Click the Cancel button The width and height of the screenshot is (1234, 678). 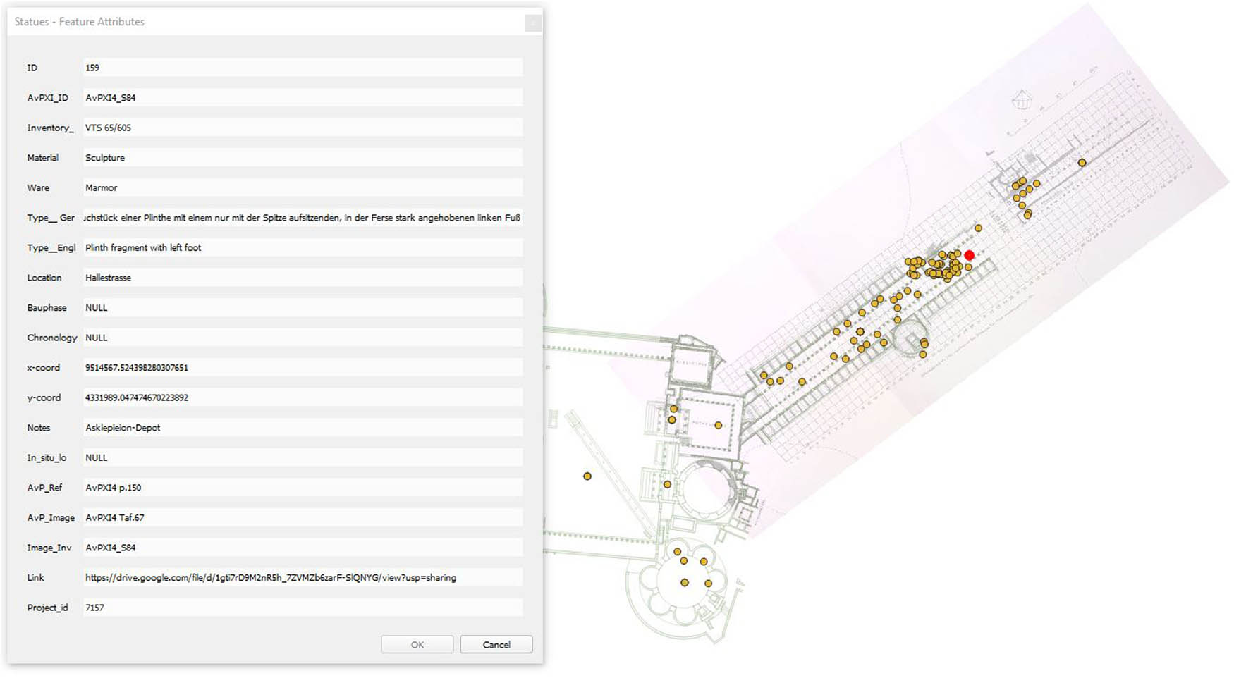click(x=496, y=645)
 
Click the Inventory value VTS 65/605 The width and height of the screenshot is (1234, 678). click(x=108, y=128)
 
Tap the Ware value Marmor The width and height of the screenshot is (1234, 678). click(x=102, y=188)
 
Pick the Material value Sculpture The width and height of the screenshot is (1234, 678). click(x=105, y=158)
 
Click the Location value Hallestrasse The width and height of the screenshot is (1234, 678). click(x=108, y=278)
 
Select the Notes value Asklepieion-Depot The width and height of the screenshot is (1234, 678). click(x=123, y=428)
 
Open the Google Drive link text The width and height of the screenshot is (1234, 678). click(x=270, y=578)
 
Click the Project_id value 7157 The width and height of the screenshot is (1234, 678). click(x=94, y=608)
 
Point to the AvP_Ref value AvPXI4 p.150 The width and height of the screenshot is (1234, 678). click(x=113, y=488)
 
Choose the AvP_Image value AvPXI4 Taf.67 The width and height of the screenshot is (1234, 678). click(x=114, y=518)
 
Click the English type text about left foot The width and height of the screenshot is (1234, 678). click(x=143, y=248)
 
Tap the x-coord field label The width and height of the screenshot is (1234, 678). click(x=43, y=368)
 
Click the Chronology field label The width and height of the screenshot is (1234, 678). click(x=51, y=338)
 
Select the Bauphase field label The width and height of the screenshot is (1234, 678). click(x=47, y=308)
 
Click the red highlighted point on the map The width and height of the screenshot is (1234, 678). click(x=969, y=255)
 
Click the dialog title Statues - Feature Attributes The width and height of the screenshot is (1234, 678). click(x=79, y=22)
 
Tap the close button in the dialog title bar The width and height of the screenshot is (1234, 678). click(x=532, y=23)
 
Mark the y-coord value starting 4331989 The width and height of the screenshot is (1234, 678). click(x=137, y=398)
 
